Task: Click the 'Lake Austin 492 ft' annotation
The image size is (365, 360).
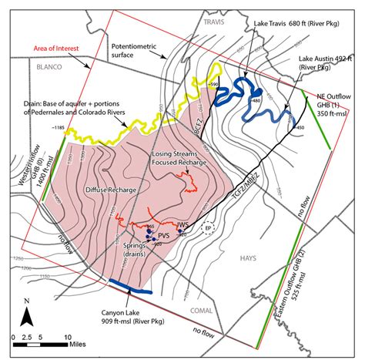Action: (x=323, y=62)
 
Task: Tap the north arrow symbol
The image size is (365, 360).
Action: (x=26, y=316)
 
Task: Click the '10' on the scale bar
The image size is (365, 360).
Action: (x=68, y=337)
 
